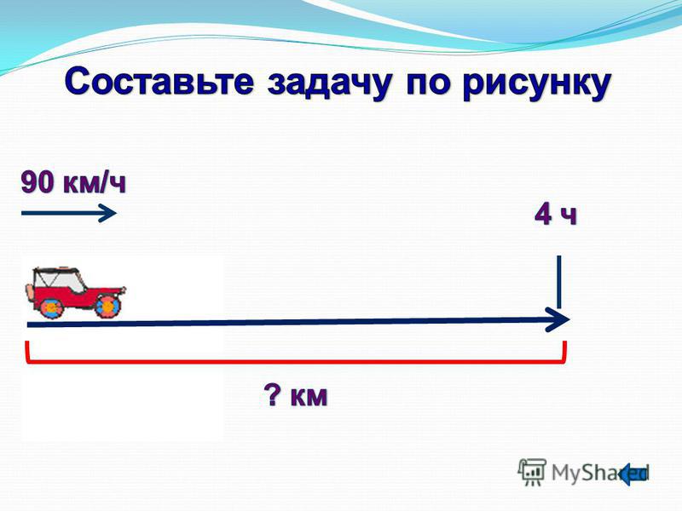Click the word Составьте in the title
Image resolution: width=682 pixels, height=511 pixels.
(159, 81)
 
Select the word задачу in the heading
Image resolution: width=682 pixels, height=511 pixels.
(330, 83)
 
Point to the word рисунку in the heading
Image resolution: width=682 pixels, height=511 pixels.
(537, 83)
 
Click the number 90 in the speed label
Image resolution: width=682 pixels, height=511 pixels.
(38, 182)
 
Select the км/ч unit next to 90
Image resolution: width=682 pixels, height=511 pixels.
(95, 183)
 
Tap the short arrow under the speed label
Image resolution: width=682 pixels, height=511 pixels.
(69, 213)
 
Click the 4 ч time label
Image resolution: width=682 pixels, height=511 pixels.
(556, 214)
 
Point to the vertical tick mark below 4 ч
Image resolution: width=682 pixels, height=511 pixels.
(559, 282)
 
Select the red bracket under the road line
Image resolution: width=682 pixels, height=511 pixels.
(296, 360)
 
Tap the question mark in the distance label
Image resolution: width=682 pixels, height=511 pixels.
(273, 395)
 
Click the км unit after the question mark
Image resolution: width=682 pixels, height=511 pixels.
(309, 396)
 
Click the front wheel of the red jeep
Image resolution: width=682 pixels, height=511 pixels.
(107, 306)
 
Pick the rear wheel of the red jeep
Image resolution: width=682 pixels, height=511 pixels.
(51, 307)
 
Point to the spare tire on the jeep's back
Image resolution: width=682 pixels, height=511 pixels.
(30, 292)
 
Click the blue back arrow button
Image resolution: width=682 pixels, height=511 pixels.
(633, 474)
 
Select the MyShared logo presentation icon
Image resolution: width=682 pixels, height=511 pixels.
(531, 471)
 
